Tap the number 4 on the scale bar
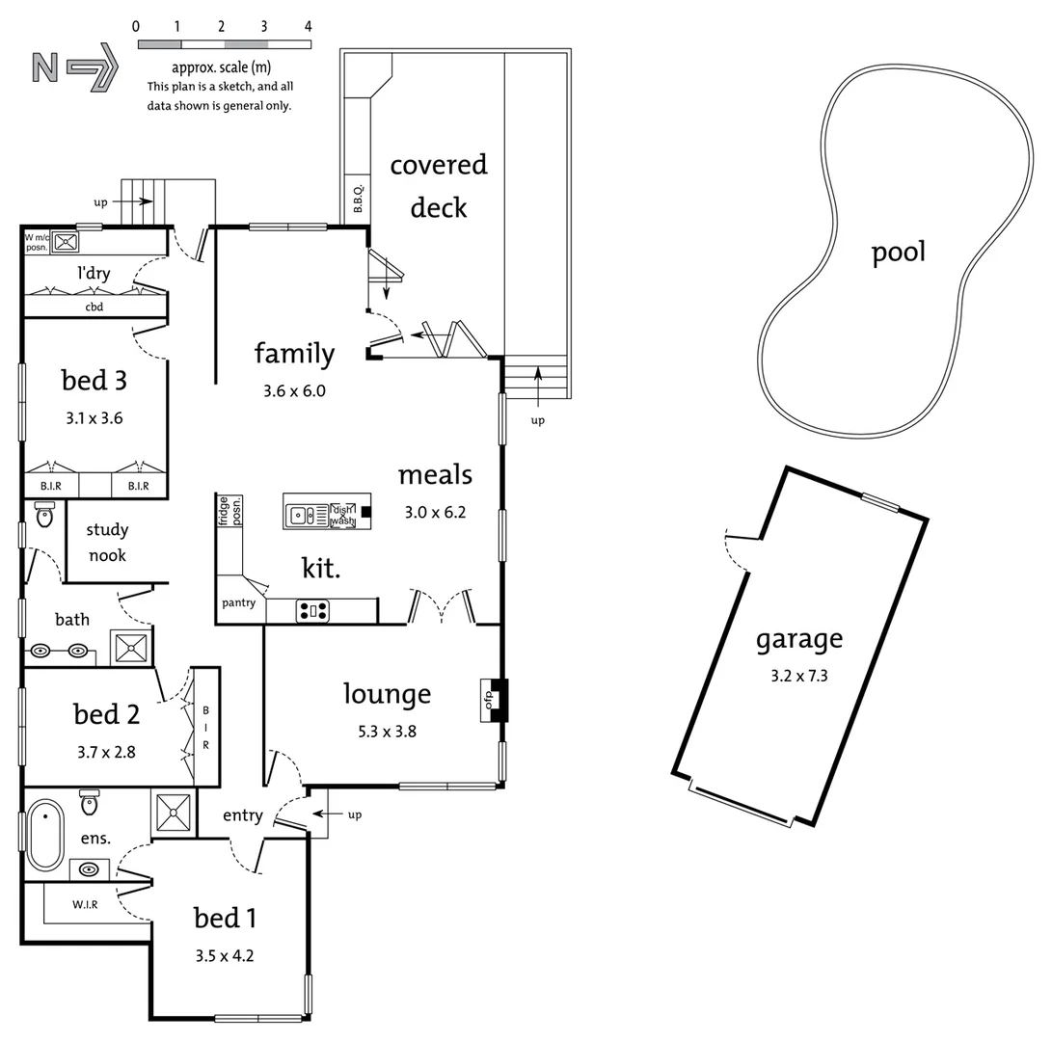(x=309, y=27)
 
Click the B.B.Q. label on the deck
(x=357, y=199)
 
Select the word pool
(x=898, y=253)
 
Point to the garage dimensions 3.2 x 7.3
(x=798, y=676)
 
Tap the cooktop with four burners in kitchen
(x=312, y=610)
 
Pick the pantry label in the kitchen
(x=238, y=603)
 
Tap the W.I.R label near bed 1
(x=85, y=904)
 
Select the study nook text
(x=107, y=543)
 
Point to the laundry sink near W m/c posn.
(x=66, y=242)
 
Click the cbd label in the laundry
(x=94, y=307)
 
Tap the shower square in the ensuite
(x=174, y=812)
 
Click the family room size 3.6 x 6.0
(x=294, y=391)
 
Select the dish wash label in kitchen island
(x=342, y=516)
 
